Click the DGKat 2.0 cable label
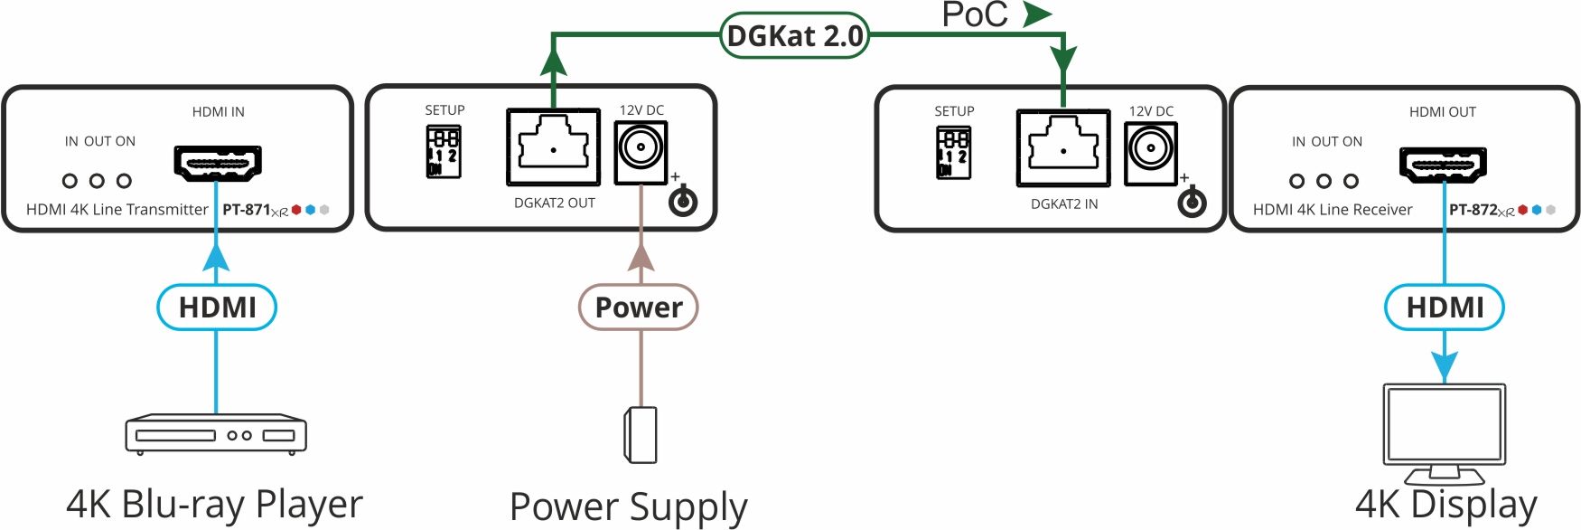(x=794, y=36)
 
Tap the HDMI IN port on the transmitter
(x=217, y=163)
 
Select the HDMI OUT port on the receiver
(x=1443, y=164)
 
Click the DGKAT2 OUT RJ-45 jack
(x=553, y=147)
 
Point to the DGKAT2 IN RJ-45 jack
(x=1062, y=147)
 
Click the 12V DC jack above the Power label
(x=641, y=148)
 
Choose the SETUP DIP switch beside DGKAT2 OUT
(x=444, y=151)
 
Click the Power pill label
(x=639, y=308)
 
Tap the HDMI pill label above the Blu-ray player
(x=217, y=308)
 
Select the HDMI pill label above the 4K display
(x=1444, y=308)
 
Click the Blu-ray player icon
(x=216, y=434)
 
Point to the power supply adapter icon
(x=641, y=435)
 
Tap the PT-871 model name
(x=247, y=210)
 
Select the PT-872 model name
(x=1473, y=210)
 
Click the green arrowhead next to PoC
(x=1037, y=14)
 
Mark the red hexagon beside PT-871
(x=296, y=210)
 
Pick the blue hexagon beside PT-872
(x=1537, y=210)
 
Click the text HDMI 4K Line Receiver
(x=1333, y=210)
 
